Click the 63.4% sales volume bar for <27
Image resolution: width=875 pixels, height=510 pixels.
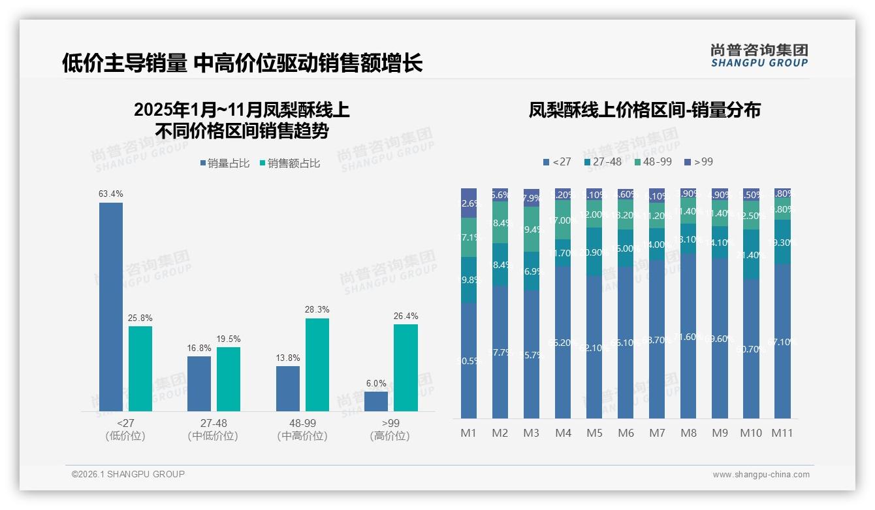click(111, 307)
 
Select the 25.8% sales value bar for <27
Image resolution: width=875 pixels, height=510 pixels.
click(140, 369)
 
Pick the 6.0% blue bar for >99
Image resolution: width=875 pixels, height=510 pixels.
click(376, 401)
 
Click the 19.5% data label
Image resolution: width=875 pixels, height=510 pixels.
click(229, 339)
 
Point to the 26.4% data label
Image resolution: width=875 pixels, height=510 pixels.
click(406, 316)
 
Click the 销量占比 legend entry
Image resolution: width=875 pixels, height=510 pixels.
click(225, 163)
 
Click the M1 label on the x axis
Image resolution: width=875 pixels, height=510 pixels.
click(469, 433)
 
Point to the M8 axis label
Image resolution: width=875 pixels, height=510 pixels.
click(688, 433)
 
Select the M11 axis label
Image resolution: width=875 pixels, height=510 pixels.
click(782, 433)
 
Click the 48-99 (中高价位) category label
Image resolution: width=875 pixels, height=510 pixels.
click(302, 430)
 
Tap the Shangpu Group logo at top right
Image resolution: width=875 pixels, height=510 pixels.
click(759, 55)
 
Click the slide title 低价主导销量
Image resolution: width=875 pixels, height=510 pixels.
click(242, 63)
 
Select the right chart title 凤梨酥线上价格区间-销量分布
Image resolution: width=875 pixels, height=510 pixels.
click(644, 110)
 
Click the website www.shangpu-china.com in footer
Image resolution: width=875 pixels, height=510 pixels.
click(761, 475)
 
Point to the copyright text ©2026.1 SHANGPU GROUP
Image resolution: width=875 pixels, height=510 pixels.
click(128, 474)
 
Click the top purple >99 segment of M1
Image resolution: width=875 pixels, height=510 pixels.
click(469, 203)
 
